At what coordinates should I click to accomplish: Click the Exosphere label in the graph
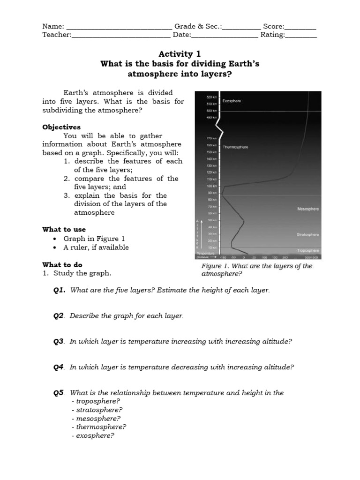click(232, 101)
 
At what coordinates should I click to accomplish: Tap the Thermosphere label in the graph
click(235, 147)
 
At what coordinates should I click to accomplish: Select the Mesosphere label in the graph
click(308, 209)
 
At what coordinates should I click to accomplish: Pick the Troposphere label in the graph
click(308, 251)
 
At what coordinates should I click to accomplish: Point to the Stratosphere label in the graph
click(307, 234)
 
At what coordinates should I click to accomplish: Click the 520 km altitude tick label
click(211, 97)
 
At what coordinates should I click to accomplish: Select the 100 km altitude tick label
click(212, 186)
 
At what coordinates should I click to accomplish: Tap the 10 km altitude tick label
click(212, 247)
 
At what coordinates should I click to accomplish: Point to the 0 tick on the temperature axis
click(244, 257)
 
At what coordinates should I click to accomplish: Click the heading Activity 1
click(180, 54)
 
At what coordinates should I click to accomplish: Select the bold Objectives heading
click(61, 127)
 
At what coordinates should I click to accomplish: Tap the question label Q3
click(58, 342)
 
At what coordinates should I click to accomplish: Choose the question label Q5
click(58, 393)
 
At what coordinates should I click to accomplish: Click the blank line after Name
click(119, 27)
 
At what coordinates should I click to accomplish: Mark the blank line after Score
click(300, 27)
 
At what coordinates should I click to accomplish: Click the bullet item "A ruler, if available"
click(96, 247)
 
